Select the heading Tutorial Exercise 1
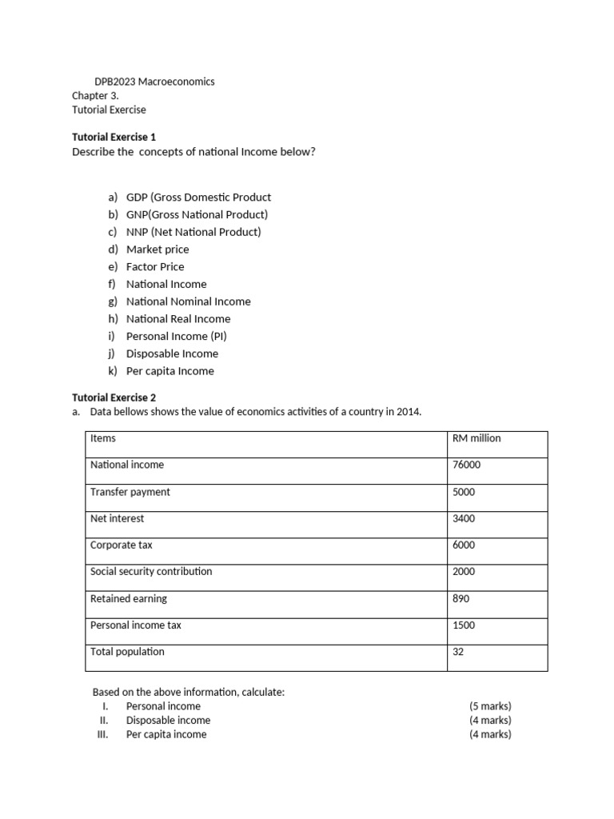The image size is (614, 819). point(114,138)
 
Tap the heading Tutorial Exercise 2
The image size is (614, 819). point(114,398)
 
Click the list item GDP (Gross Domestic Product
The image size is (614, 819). point(198,198)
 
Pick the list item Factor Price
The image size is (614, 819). point(155,267)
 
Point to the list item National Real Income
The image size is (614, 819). point(178,319)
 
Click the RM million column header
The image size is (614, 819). point(476,438)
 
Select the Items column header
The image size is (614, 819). point(103,438)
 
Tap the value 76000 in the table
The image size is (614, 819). point(467,465)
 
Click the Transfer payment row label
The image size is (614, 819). point(130,493)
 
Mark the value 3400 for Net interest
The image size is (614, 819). point(464,519)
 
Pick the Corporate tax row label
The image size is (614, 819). point(121,545)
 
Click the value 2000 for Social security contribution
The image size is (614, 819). point(464,572)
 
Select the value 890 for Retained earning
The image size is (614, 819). point(461,599)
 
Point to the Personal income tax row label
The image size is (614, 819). point(135,625)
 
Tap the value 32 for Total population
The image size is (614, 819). point(458,652)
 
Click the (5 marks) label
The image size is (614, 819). point(490,706)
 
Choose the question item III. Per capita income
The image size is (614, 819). point(165,734)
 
